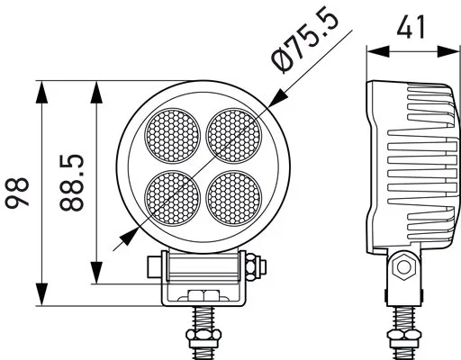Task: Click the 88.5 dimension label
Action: [72, 184]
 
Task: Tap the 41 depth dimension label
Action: [411, 27]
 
